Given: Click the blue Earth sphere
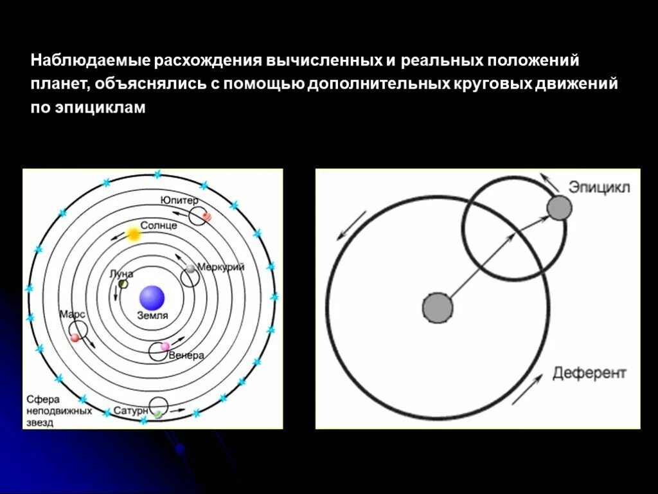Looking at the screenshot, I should (152, 298).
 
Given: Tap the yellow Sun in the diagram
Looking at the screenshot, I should (134, 234).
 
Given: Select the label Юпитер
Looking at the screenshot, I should (179, 200).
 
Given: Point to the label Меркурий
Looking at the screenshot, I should (220, 267).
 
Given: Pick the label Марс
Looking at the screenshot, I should (72, 315).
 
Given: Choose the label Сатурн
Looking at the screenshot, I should (130, 410).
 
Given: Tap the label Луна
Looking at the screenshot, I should (121, 273).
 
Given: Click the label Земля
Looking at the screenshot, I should (153, 316).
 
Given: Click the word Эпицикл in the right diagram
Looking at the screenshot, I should (599, 187).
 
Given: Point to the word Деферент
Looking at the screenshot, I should (589, 373).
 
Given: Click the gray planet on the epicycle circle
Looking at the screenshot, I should (559, 208).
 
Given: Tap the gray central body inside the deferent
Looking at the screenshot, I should (438, 306).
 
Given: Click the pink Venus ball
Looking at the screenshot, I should (165, 347).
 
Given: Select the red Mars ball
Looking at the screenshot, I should (75, 338).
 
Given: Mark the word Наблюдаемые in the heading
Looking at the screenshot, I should (91, 61).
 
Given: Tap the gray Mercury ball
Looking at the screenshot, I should (190, 268).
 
